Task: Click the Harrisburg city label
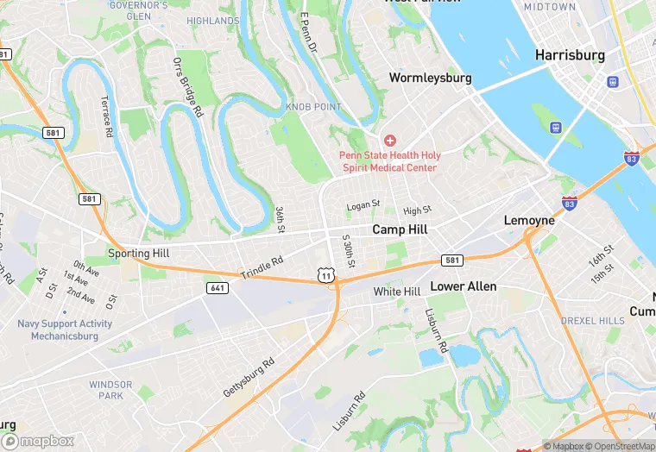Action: point(570,54)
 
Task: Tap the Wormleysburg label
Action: point(430,78)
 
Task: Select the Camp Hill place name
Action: point(400,229)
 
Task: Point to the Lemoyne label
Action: point(529,221)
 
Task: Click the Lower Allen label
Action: point(464,286)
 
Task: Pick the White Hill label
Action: point(396,292)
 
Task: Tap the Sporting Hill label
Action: point(139,254)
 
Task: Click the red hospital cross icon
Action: point(389,140)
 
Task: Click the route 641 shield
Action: point(217,287)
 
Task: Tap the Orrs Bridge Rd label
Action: point(187,87)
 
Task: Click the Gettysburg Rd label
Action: point(248,377)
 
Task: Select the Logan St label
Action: point(363,205)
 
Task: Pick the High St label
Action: point(417,210)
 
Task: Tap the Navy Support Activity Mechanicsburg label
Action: point(65,330)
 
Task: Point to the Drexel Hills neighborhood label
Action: point(592,321)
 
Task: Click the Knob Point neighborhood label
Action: point(313,107)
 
